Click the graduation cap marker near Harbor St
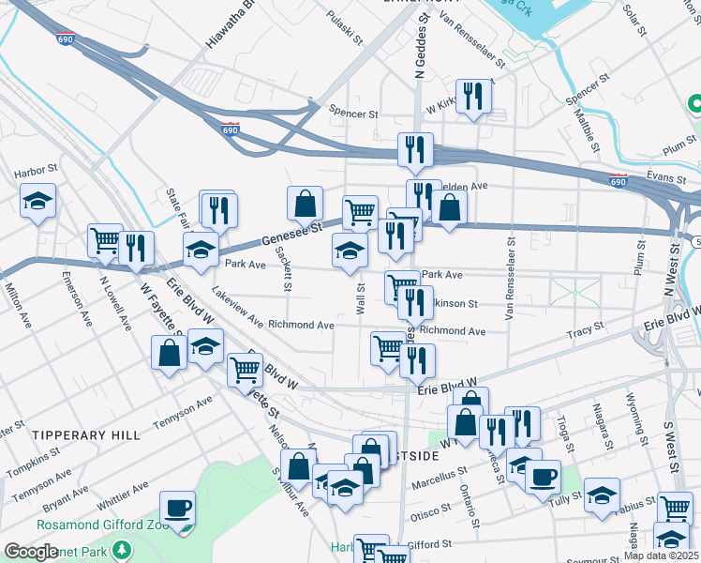[x=38, y=202]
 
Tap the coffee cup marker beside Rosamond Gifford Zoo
[x=177, y=510]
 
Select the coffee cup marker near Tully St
[x=543, y=478]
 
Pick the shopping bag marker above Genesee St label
[x=305, y=204]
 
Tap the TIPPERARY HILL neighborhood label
[x=85, y=435]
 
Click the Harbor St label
[x=37, y=173]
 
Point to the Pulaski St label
[x=345, y=28]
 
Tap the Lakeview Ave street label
[x=238, y=306]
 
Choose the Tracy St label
[x=584, y=333]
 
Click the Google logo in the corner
[x=32, y=552]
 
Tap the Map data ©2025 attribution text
[x=661, y=555]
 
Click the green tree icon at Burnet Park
[x=120, y=548]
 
